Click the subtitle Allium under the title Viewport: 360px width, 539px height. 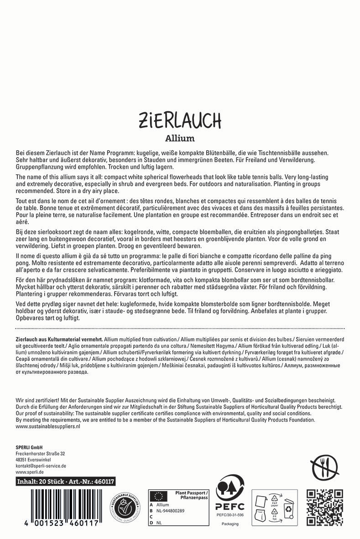(x=180, y=138)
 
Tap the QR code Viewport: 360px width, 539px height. (x=324, y=508)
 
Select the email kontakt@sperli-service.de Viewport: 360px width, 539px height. (x=41, y=466)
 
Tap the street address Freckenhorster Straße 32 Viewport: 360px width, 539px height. (x=40, y=454)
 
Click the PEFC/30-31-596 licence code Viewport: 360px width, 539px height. (x=230, y=515)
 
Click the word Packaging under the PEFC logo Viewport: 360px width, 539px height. (x=230, y=523)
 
